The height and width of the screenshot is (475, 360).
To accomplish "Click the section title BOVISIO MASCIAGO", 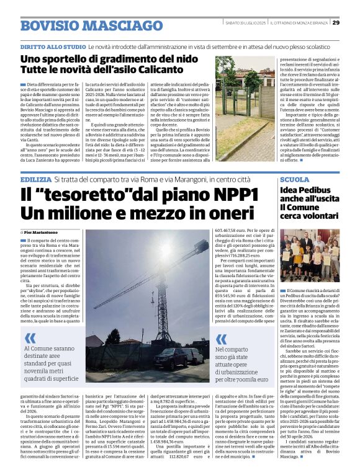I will point(82,25).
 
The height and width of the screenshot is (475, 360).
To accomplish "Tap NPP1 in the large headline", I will point(222,194).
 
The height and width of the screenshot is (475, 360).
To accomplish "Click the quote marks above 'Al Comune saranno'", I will point(30,339).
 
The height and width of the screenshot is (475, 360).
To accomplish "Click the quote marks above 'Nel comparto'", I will point(222,339).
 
